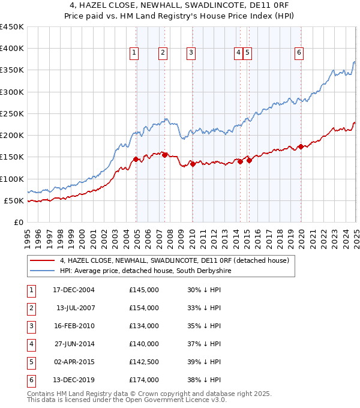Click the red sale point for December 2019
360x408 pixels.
[x=301, y=146]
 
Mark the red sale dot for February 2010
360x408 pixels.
[x=193, y=164]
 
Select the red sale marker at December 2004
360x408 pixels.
[x=136, y=159]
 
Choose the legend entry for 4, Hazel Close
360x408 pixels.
[x=175, y=260]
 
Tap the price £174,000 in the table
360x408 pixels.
[x=144, y=380]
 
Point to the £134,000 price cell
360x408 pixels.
[x=144, y=326]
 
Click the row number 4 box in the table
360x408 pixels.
[x=30, y=344]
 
